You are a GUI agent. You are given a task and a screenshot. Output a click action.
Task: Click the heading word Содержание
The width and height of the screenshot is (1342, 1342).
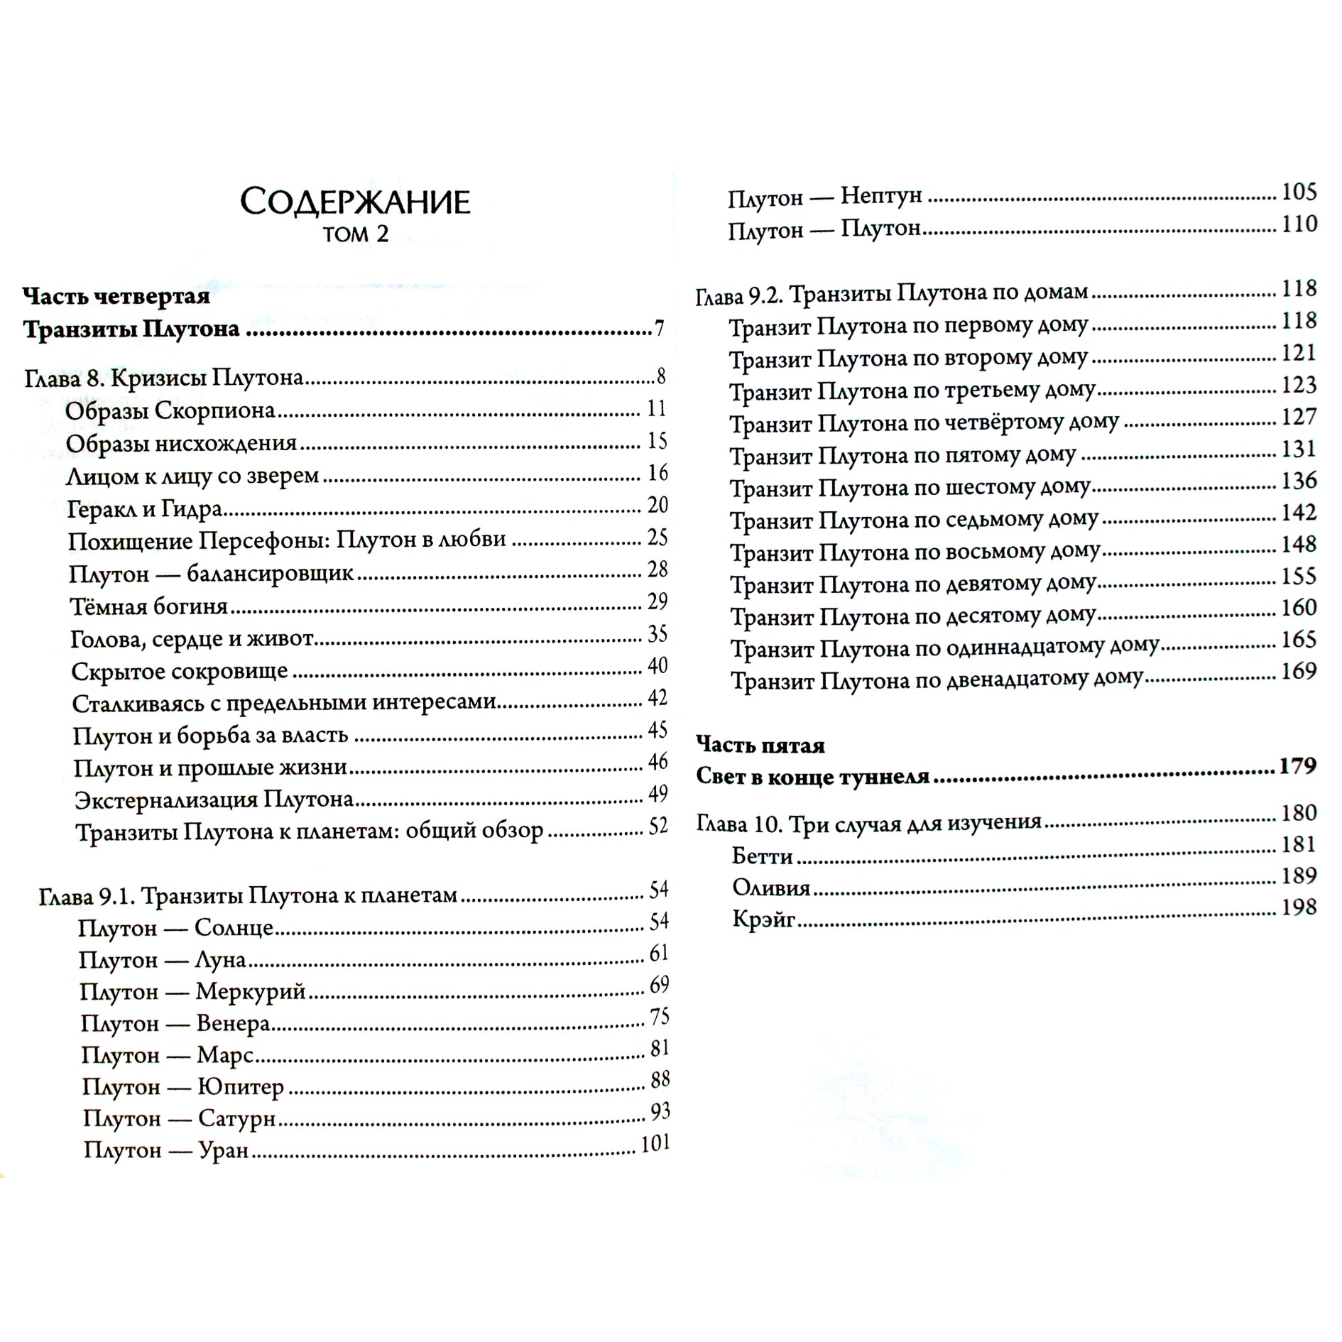(x=355, y=202)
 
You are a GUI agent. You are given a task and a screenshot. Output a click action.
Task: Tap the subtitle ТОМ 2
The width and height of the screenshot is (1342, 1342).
(x=355, y=235)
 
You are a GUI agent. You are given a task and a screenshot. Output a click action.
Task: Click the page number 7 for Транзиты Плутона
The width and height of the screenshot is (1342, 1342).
(x=660, y=329)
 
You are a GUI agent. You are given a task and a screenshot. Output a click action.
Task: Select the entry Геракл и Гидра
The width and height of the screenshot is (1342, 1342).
(x=145, y=508)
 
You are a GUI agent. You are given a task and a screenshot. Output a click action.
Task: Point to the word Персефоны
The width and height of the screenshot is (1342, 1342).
(x=262, y=540)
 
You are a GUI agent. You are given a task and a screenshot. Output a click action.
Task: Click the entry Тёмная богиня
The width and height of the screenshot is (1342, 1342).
(x=149, y=606)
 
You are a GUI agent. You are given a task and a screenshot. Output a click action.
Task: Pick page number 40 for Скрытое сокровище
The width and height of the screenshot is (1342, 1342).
(x=658, y=665)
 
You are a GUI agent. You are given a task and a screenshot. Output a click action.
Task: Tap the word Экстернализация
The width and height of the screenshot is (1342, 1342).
(x=166, y=800)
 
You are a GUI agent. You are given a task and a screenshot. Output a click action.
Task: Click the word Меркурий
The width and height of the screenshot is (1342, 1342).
(x=250, y=991)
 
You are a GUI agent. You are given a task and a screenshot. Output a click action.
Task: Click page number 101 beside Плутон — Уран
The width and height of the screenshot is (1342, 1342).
(x=655, y=1143)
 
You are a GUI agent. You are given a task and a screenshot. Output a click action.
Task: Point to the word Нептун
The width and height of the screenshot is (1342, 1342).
(x=881, y=195)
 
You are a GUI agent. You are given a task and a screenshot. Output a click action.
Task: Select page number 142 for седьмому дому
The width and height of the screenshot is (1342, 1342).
(x=1299, y=512)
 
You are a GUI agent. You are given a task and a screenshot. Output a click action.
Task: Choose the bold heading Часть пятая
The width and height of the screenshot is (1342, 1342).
(x=760, y=745)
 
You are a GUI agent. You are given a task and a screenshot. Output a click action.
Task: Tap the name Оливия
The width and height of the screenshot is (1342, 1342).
(x=771, y=888)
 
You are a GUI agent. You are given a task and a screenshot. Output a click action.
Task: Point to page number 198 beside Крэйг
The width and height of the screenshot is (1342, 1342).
(x=1299, y=907)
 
